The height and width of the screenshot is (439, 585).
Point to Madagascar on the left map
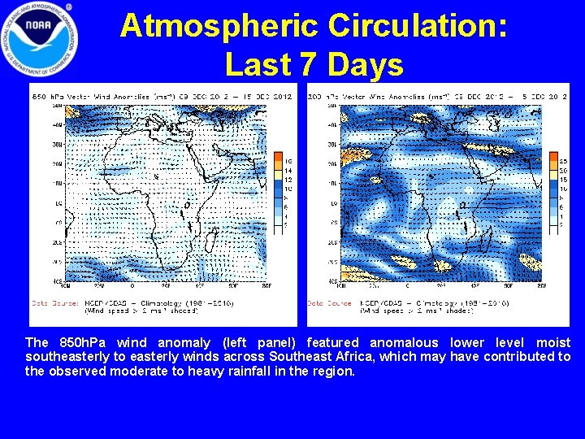210,241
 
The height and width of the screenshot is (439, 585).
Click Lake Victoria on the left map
187,205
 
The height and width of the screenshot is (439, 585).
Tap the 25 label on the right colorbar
563,161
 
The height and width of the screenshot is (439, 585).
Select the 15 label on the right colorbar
563,180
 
